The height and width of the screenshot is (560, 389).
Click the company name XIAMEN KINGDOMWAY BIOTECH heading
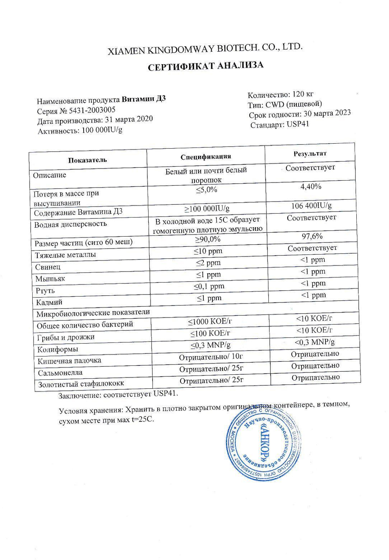205,49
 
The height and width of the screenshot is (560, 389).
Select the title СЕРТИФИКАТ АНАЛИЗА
205,66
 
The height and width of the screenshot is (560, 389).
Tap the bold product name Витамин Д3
144,99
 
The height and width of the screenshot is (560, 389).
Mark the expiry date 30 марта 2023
327,113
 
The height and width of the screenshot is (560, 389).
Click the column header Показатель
87,160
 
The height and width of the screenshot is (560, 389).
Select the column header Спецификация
206,156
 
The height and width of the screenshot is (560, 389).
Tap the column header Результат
310,154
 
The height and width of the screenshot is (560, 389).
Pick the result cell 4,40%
311,187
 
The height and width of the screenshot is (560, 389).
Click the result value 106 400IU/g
311,205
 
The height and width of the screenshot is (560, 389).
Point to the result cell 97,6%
312,236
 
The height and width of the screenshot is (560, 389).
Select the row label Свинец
48,267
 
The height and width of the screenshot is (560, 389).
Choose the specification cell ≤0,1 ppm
209,286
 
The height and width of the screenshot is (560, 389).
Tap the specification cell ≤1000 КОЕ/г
210,322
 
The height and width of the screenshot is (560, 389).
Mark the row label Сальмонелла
60,373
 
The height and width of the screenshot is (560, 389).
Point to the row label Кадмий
49,302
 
